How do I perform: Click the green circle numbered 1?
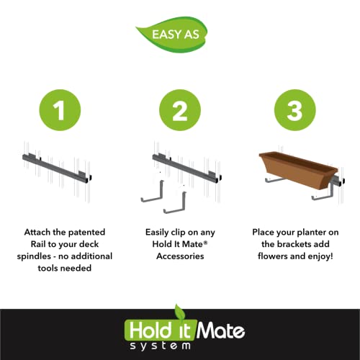pos(60,110)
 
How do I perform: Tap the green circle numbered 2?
pos(180,110)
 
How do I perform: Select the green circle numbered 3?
pos(295,110)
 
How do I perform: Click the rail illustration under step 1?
pos(57,168)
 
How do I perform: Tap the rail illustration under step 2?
pos(186,168)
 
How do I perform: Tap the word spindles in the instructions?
pos(34,256)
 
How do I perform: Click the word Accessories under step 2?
pos(180,256)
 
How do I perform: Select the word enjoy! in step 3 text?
pos(320,256)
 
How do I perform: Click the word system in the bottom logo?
pos(161,346)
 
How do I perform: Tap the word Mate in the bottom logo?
pos(221,330)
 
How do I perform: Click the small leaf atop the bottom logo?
pos(180,312)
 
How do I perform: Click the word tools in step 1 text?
pos(48,268)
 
